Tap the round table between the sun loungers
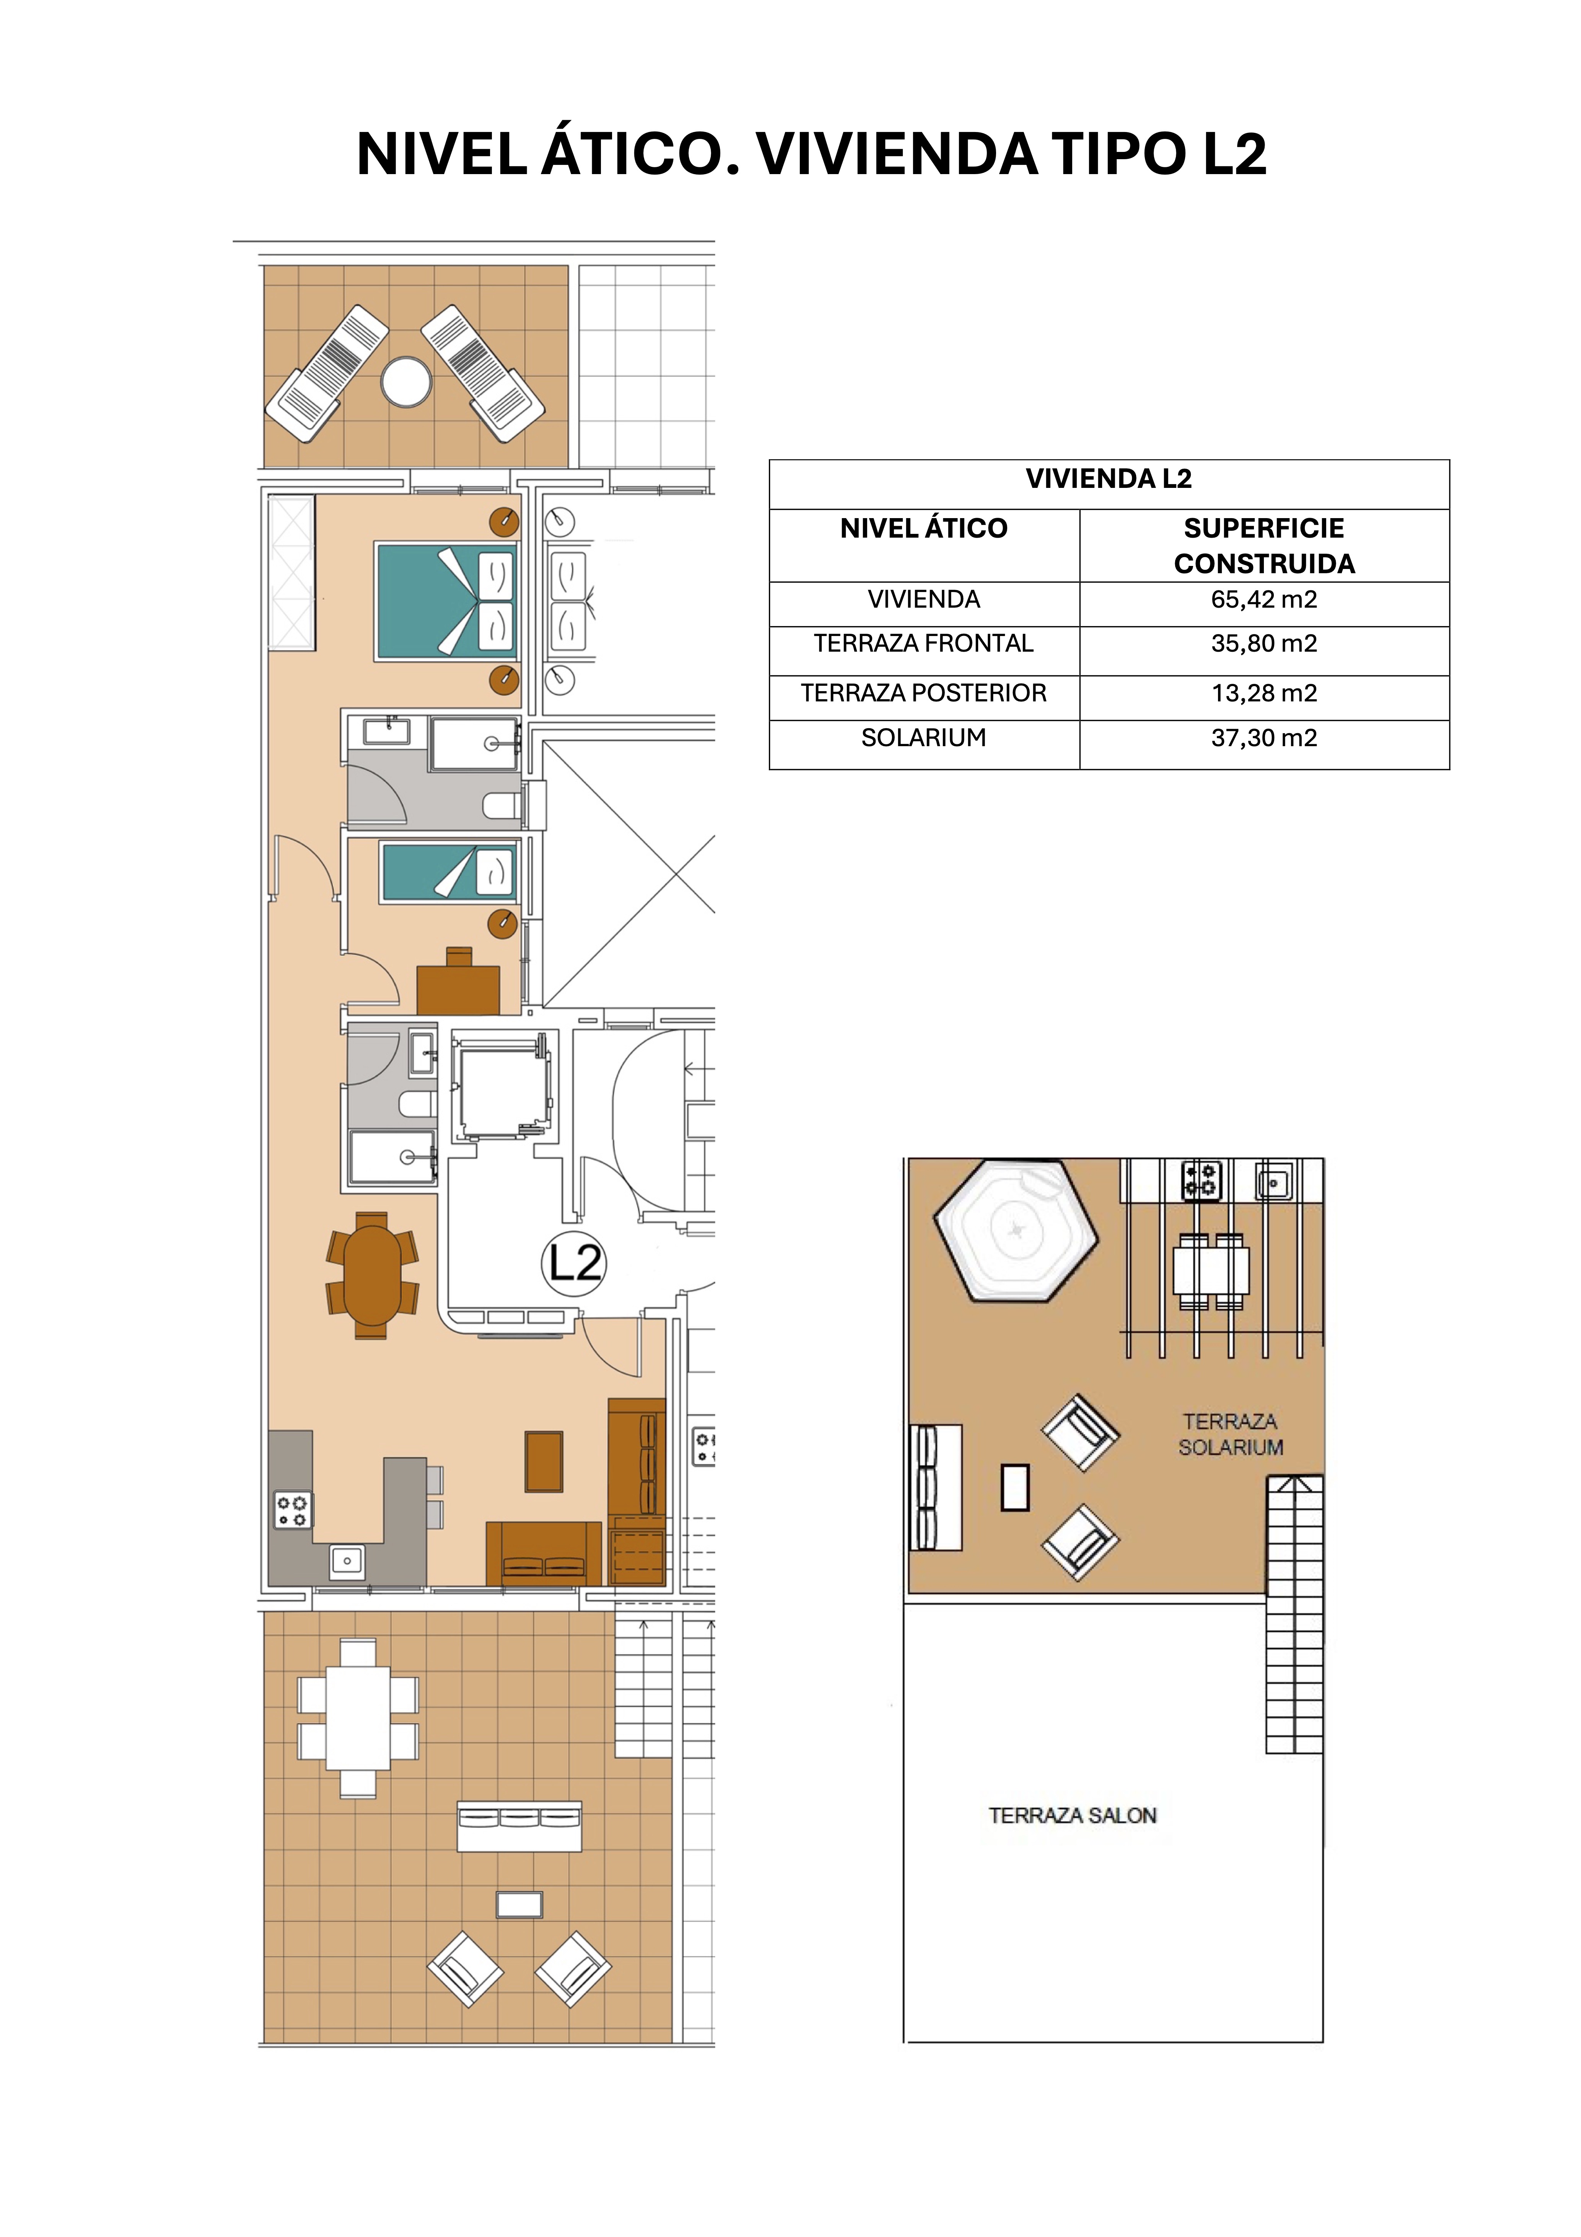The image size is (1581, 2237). (x=406, y=382)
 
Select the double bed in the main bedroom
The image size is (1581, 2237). (x=447, y=601)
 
